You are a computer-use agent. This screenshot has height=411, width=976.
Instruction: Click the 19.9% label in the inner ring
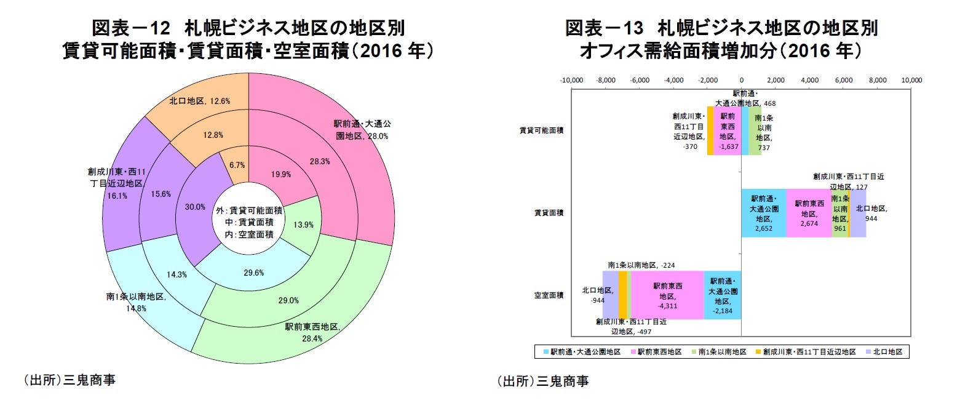(x=281, y=174)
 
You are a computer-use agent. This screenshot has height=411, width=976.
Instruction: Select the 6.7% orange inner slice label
(x=237, y=165)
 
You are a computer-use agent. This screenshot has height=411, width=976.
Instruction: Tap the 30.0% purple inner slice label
(x=195, y=207)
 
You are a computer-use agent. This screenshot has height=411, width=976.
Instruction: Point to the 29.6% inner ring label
(x=253, y=273)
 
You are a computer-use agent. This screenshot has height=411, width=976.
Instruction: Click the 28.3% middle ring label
(x=320, y=161)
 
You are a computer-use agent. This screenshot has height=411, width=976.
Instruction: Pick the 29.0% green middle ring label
(x=288, y=300)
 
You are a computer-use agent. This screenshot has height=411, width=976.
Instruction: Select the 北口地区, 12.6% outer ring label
(x=199, y=101)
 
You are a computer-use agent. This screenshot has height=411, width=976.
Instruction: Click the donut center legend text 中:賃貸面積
(x=249, y=222)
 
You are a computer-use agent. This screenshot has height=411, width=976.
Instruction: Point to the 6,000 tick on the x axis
(x=844, y=80)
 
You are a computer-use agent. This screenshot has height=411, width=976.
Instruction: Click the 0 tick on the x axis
(x=742, y=80)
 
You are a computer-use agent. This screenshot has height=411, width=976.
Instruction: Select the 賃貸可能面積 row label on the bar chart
(x=541, y=130)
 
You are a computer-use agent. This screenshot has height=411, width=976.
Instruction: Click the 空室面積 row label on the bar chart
(x=549, y=295)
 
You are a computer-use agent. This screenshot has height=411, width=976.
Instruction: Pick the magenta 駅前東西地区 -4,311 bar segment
(x=667, y=295)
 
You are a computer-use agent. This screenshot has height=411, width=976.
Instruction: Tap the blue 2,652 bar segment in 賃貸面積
(x=763, y=213)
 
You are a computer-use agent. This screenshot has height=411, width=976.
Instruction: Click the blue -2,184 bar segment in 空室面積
(x=723, y=295)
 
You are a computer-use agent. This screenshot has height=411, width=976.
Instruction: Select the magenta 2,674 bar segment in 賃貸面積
(x=809, y=213)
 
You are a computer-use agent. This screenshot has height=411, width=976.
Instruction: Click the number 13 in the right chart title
(x=633, y=28)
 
